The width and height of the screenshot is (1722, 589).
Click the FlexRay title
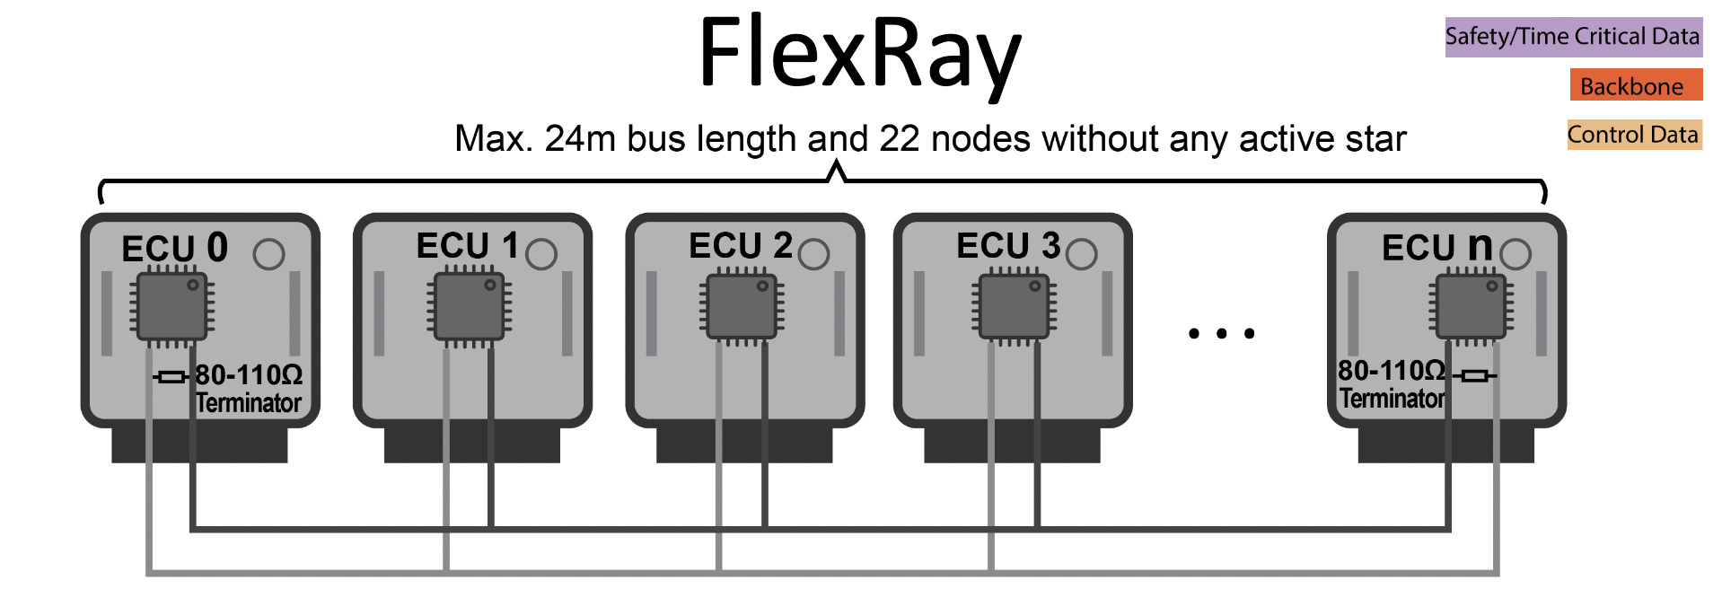(x=859, y=54)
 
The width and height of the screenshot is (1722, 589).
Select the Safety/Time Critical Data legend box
(x=1573, y=37)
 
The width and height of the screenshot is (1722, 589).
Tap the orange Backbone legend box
(x=1635, y=86)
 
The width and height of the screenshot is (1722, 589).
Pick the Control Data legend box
(x=1633, y=135)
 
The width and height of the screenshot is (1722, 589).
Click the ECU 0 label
(x=174, y=248)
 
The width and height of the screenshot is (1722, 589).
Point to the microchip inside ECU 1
(x=469, y=307)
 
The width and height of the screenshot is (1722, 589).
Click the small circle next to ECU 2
(x=813, y=254)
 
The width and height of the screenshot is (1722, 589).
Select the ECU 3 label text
(x=1007, y=246)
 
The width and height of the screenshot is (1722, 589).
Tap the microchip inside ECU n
(x=1471, y=307)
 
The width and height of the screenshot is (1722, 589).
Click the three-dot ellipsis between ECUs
(x=1221, y=333)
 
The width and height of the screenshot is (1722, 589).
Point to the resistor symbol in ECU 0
(x=171, y=377)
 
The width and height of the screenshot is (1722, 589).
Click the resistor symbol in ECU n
(x=1474, y=375)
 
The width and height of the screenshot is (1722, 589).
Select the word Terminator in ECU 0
(x=249, y=403)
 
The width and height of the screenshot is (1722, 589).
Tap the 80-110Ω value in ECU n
(x=1391, y=370)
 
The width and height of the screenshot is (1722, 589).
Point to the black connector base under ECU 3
(x=1012, y=444)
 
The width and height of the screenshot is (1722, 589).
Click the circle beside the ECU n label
(x=1516, y=254)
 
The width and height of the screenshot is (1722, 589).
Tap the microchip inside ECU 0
(x=172, y=307)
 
